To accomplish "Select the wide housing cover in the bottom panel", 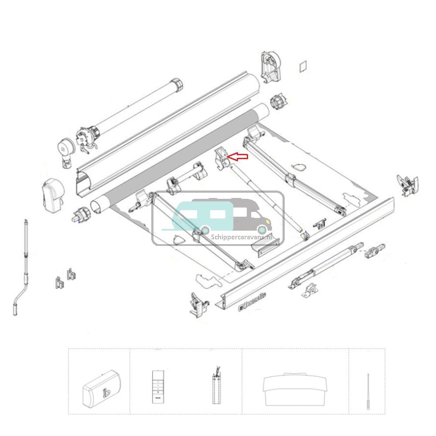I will [x=295, y=385].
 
